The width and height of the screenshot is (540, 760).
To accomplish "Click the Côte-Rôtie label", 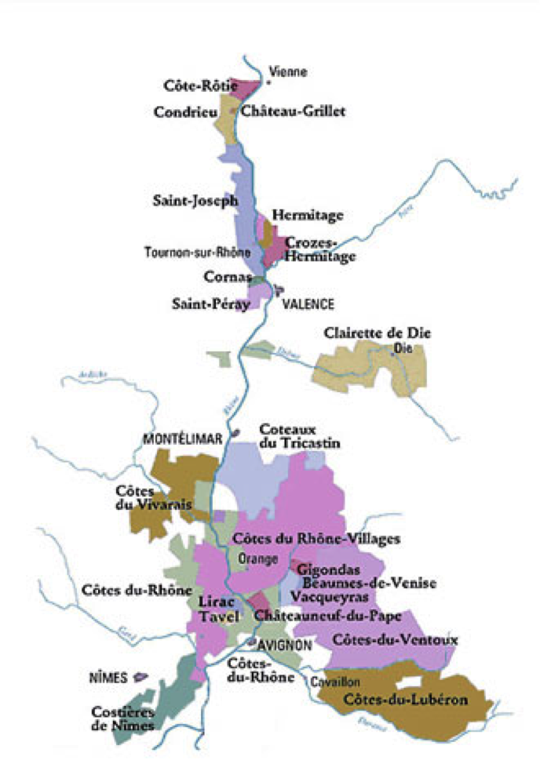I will click(x=192, y=85).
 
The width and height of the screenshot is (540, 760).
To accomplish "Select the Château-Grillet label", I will click(x=293, y=111).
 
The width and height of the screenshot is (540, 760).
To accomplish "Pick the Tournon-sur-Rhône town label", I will click(x=198, y=253).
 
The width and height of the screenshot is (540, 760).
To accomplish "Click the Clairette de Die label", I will click(x=377, y=333).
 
